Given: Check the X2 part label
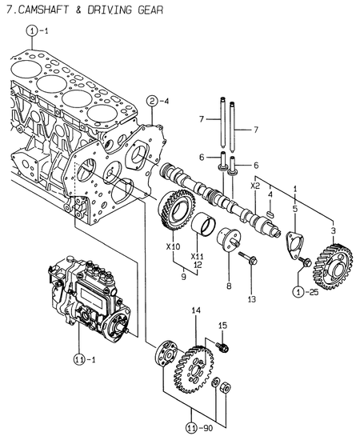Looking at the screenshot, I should point(254,185).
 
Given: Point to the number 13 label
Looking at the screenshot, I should point(251,300).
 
